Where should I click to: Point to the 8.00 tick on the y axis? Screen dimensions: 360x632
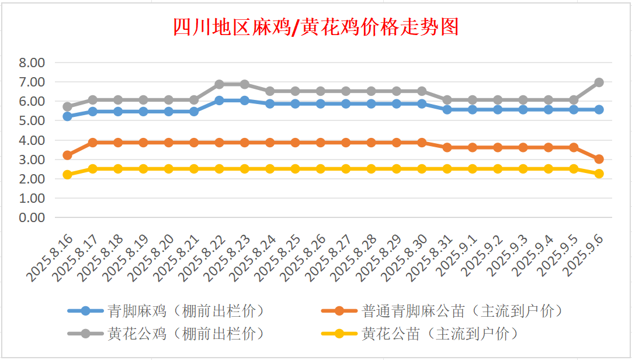coord(32,63)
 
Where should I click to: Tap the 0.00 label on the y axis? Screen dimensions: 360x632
coord(32,217)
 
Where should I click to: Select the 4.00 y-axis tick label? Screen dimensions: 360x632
coord(32,140)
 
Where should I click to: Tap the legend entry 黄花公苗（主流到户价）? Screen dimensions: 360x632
coord(440,334)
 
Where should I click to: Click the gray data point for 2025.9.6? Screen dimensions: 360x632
coord(599,82)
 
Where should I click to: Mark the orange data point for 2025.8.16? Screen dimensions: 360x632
coord(67,155)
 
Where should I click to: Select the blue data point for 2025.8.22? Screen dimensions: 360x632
coord(219,101)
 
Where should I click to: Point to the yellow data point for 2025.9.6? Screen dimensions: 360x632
coord(599,174)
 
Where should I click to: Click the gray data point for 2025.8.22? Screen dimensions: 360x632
coord(219,84)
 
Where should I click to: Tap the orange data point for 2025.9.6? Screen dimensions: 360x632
coord(599,159)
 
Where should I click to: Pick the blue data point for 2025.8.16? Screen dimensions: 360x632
coord(67,116)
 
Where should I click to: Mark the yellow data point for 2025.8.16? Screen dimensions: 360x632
coord(67,175)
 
